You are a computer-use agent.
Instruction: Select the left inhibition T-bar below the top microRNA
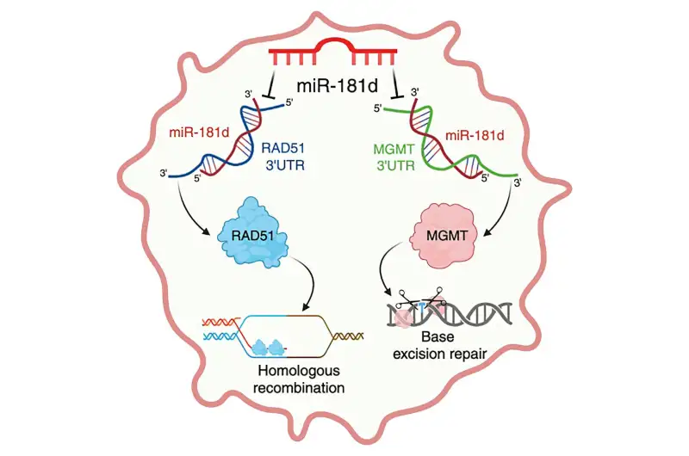tap(272, 84)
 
